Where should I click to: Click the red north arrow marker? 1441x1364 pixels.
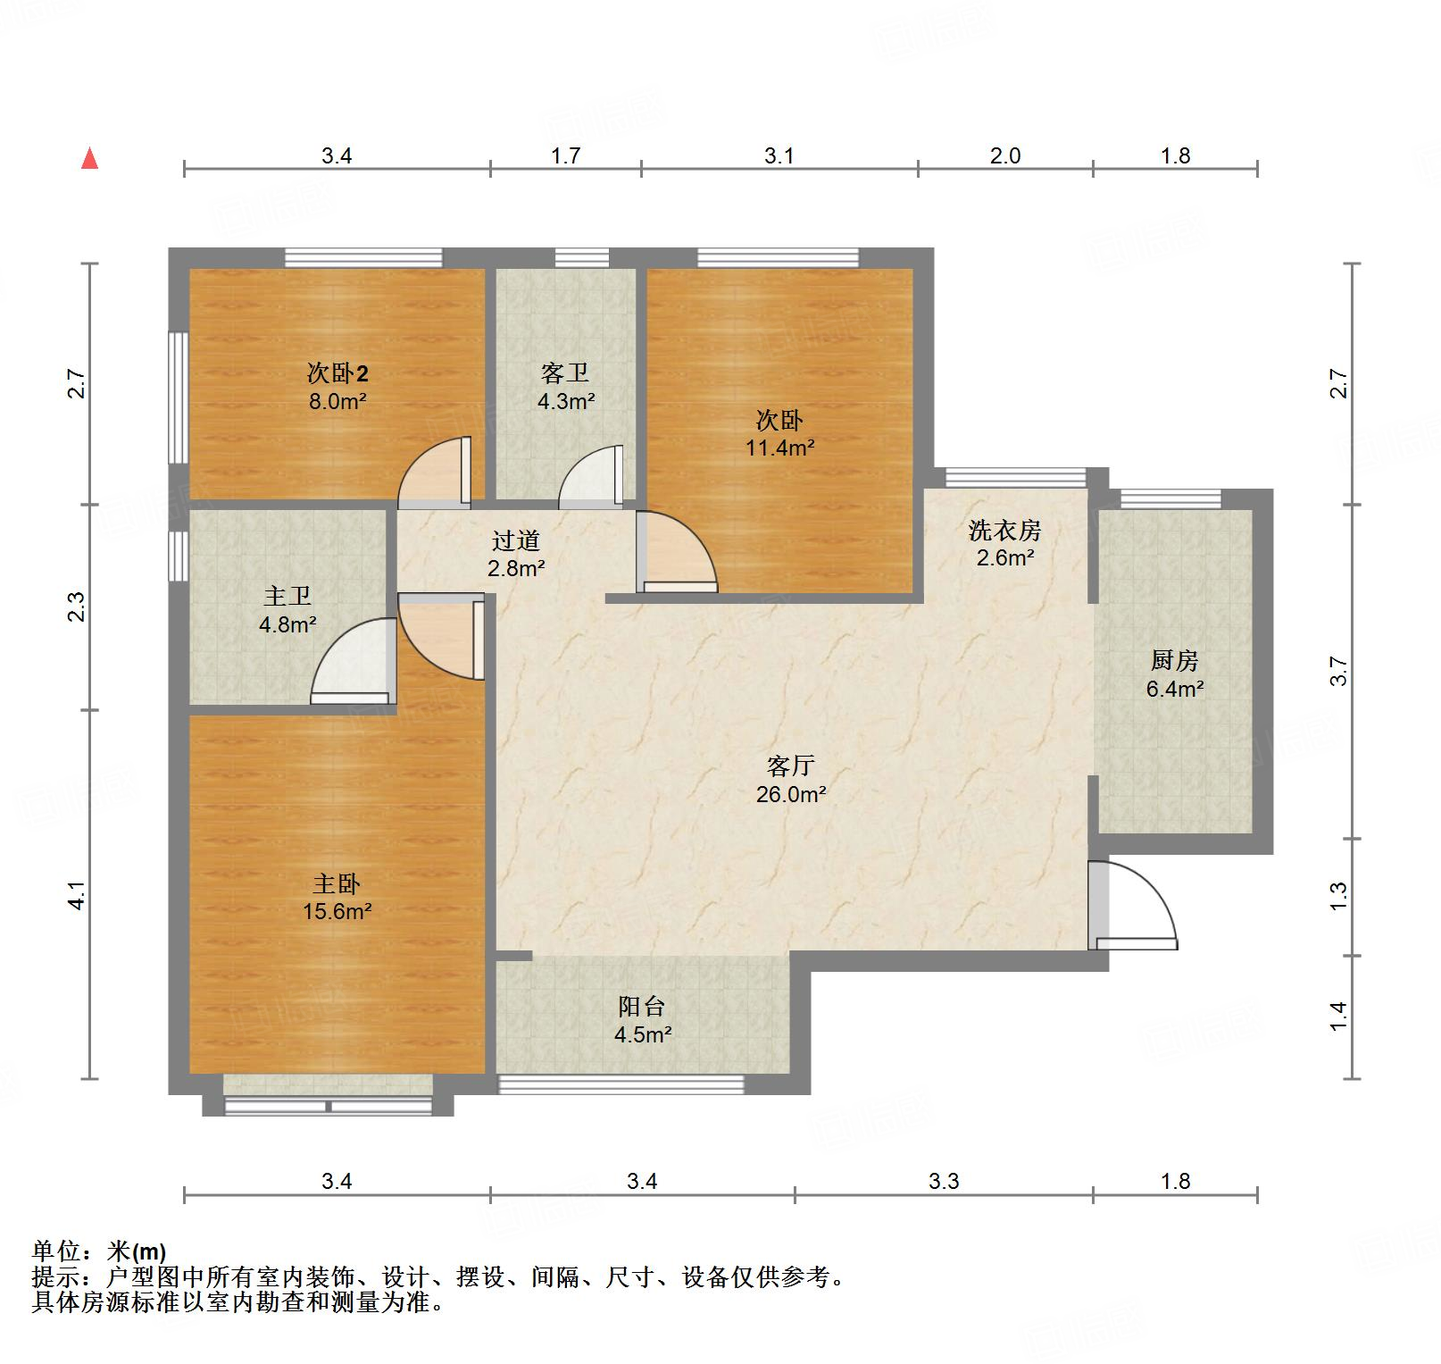point(89,158)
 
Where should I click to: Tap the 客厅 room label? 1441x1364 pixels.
point(790,766)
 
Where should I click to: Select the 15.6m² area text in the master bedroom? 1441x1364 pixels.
point(337,911)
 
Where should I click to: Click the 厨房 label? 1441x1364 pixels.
point(1174,660)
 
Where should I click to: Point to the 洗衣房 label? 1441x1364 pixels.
point(1005,531)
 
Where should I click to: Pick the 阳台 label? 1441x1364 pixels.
point(642,1007)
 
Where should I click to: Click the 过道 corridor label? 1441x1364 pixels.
point(516,540)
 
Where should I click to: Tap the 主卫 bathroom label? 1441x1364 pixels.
point(287,596)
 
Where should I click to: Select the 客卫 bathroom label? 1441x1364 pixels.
point(565,372)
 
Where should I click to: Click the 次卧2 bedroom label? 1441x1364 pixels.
point(337,372)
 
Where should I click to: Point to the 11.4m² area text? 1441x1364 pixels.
point(780,448)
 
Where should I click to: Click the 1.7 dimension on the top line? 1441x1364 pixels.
point(565,155)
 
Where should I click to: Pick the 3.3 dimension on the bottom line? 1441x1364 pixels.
point(944,1181)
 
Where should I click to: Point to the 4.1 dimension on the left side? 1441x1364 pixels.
point(78,895)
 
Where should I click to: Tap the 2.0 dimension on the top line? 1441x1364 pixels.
point(1005,155)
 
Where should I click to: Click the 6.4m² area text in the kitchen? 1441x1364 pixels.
point(1175,689)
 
